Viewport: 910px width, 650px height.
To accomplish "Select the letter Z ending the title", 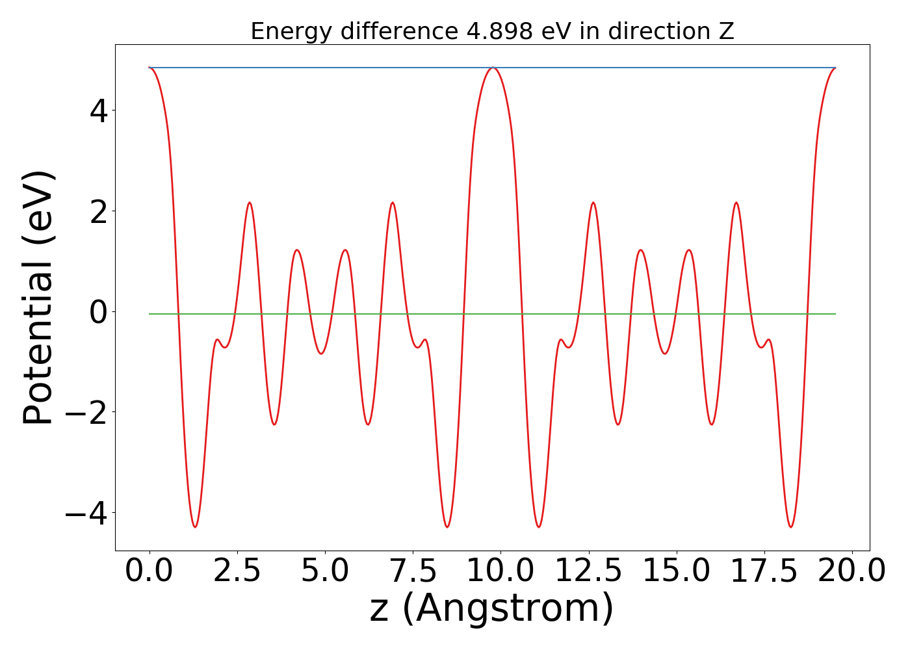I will (x=726, y=31).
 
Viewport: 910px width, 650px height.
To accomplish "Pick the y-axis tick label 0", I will (x=98, y=312).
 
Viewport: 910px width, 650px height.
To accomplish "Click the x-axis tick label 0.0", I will (x=149, y=571).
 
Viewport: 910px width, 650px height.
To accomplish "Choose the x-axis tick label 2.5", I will (x=237, y=571).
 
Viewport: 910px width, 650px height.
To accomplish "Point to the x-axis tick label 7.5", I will (x=413, y=571).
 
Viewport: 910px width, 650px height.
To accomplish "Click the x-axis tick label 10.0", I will (x=500, y=571).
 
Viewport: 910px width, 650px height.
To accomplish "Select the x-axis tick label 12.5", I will (x=588, y=571).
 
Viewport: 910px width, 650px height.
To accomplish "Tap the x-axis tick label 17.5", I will (x=764, y=571).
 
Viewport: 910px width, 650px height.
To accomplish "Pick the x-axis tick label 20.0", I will (x=851, y=571).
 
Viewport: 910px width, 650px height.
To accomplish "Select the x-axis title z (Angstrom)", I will (x=491, y=608).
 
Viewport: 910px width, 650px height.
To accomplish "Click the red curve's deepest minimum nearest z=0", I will (x=195, y=526).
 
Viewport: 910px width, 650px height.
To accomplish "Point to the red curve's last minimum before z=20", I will (x=790, y=526).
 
